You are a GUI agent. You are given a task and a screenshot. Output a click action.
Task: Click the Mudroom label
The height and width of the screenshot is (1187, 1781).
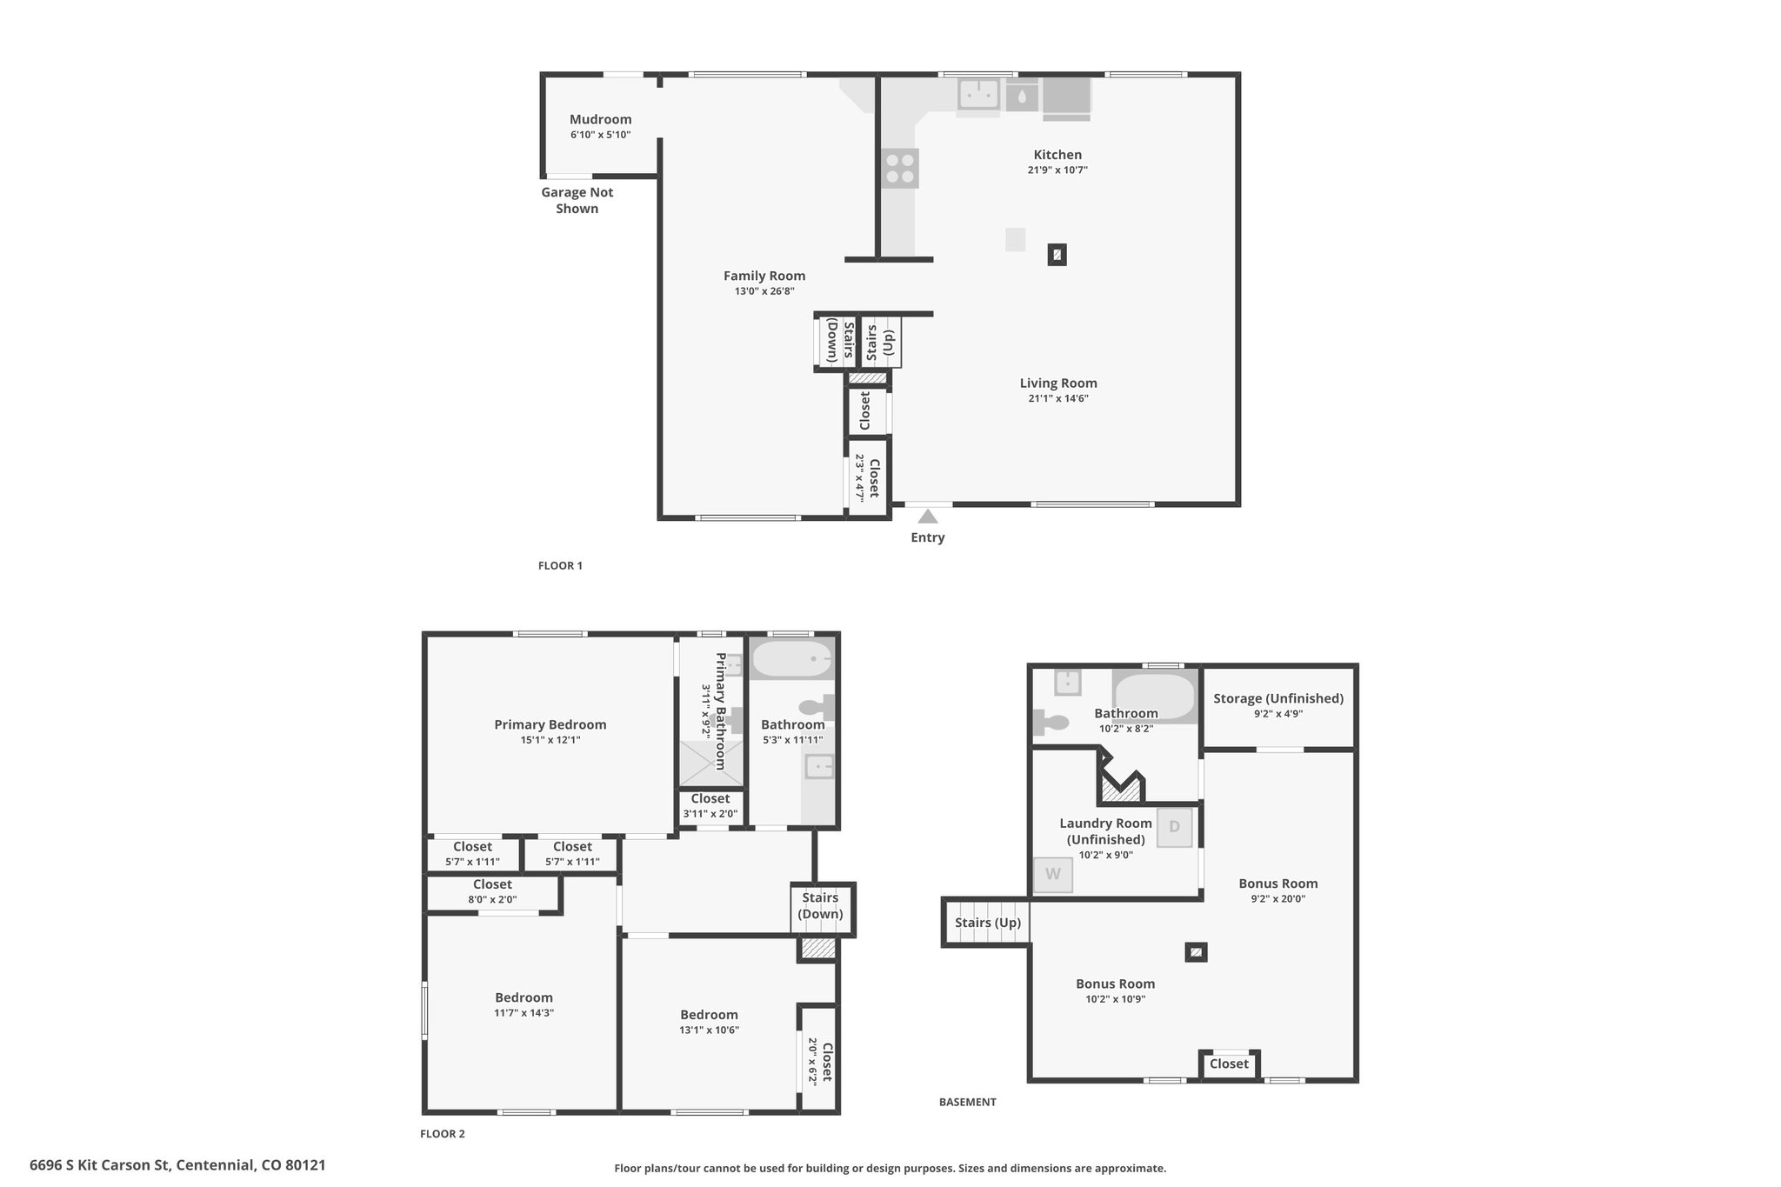pos(600,119)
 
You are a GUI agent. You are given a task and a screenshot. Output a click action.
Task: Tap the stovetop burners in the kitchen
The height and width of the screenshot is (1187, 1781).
pos(899,168)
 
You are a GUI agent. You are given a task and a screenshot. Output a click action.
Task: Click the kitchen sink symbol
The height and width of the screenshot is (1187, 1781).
pos(978,94)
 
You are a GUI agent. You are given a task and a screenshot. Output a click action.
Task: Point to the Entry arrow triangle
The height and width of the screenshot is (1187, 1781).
pos(928,517)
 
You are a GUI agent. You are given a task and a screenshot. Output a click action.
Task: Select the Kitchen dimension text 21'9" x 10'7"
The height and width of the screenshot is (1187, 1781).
pos(1057,170)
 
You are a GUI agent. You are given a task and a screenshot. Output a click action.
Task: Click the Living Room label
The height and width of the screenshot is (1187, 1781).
pos(1058,383)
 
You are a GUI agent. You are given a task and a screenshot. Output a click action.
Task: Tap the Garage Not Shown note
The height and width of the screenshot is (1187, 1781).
pos(577,200)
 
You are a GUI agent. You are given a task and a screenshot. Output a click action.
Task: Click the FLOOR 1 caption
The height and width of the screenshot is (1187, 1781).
pos(560,565)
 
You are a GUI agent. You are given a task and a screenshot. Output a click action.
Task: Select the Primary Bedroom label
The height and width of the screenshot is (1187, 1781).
pos(550,724)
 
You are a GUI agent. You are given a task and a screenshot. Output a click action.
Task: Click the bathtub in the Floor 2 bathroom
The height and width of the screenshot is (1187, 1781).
pos(792,659)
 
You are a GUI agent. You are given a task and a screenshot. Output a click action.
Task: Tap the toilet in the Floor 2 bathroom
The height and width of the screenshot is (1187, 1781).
pos(817,707)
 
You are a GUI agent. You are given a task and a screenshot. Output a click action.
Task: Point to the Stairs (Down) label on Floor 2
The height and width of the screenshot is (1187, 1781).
pos(821,905)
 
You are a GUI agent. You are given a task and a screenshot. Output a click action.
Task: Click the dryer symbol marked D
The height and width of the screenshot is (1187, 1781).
pos(1174,827)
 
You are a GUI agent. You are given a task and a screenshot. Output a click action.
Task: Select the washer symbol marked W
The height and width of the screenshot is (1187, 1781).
pos(1053,875)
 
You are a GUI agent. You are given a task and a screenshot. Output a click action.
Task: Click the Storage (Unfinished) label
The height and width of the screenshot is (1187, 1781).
pos(1278,698)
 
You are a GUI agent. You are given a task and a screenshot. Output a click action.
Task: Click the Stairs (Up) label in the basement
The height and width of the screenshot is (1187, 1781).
pos(988,923)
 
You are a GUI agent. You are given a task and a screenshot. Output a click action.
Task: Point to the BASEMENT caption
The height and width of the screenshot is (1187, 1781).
pos(968,1102)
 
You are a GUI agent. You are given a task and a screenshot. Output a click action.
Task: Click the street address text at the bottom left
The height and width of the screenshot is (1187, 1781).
pos(177,1164)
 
